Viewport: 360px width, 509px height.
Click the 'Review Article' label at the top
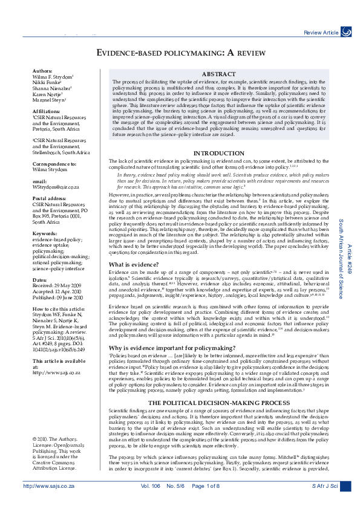click(x=321, y=32)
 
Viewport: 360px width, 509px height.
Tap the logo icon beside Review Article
click(x=346, y=31)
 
